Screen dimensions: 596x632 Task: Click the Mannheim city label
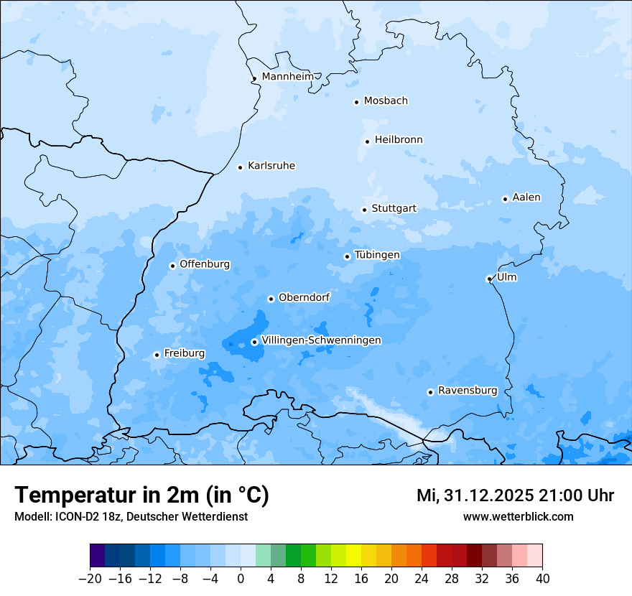coord(287,77)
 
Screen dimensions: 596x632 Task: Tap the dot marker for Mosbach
coord(356,102)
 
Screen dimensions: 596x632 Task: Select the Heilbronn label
coord(399,140)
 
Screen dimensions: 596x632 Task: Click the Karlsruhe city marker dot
coord(241,167)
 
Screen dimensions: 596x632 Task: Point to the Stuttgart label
coord(394,209)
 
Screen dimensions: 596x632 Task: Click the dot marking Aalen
coord(505,199)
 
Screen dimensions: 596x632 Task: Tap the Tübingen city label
coord(377,256)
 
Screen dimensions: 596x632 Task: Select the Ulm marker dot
coord(489,279)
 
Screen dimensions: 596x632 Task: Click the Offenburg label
coord(205,264)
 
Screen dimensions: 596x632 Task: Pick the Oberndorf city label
coord(304,297)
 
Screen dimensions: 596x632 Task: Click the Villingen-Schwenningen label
coord(321,340)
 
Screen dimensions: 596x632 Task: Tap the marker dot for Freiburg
coord(157,355)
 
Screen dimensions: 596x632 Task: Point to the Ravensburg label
coord(468,391)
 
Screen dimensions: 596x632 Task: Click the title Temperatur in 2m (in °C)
coord(141,495)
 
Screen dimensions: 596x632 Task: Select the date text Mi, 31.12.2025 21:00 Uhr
coord(515,495)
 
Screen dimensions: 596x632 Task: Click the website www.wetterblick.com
coord(518,516)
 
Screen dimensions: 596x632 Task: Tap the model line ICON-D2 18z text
coord(131,516)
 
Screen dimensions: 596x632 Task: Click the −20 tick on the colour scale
coord(90,579)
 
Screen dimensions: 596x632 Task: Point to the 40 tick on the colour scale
coord(542,579)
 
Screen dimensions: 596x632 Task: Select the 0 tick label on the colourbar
coord(241,579)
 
